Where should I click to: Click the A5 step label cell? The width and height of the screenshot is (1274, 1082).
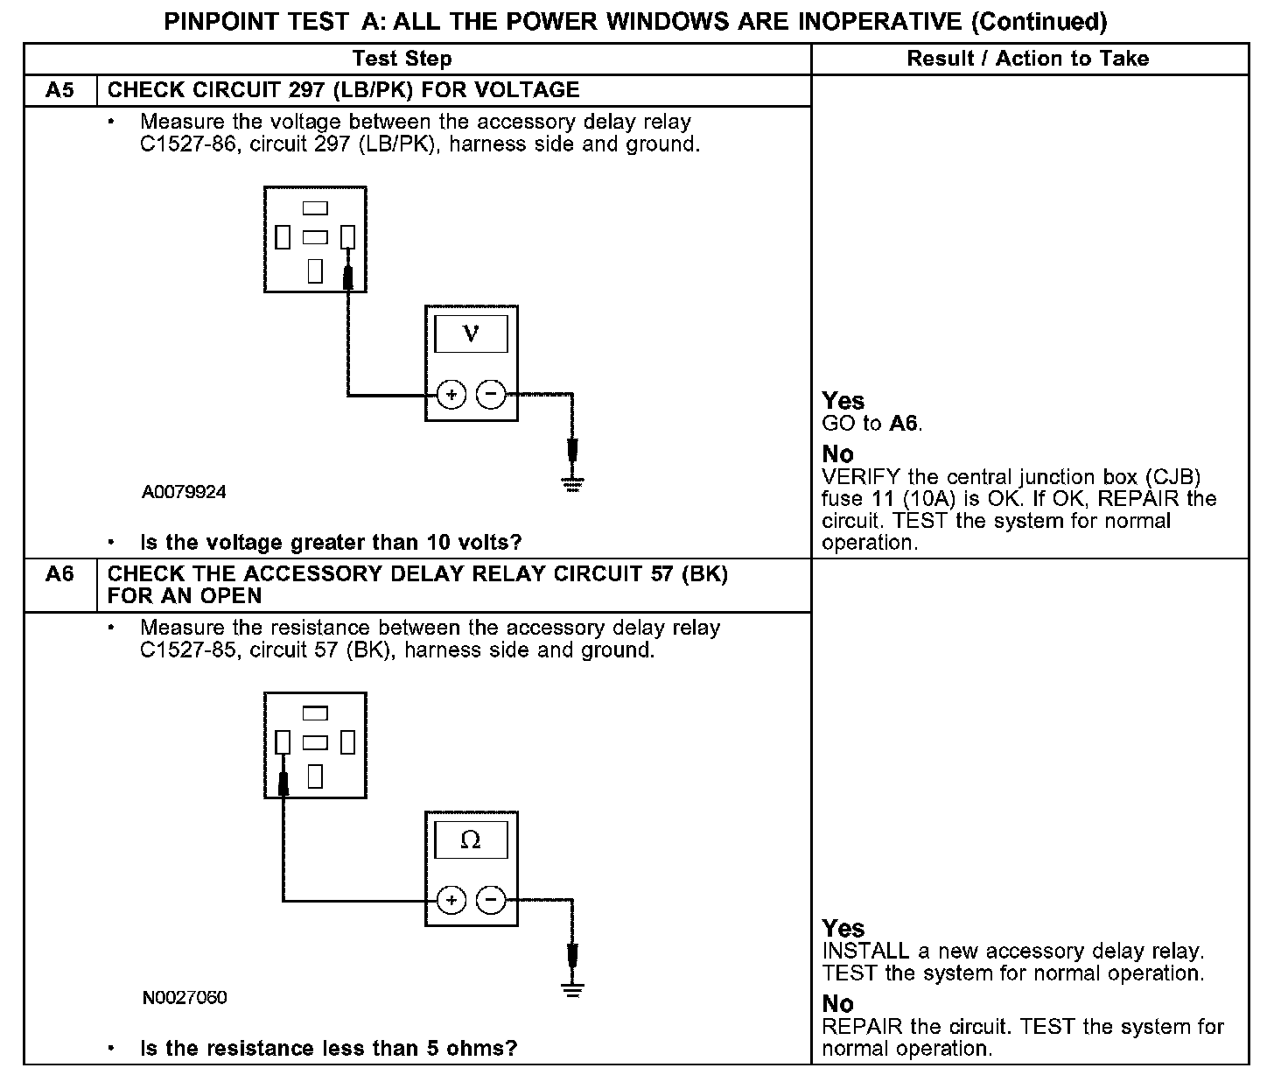tap(59, 90)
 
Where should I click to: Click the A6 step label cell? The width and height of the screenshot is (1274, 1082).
tap(59, 574)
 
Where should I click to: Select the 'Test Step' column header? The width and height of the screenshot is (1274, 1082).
tap(402, 59)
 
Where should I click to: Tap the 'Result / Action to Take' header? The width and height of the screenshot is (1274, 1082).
tap(1028, 59)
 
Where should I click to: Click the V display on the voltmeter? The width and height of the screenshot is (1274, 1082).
tap(471, 334)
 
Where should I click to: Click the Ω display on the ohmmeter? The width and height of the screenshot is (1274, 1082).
tap(471, 840)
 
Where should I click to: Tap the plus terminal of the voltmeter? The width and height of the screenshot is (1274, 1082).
tap(451, 395)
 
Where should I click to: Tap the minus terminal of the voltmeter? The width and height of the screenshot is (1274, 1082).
tap(491, 395)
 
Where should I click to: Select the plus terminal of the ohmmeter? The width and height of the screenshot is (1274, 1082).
tap(451, 900)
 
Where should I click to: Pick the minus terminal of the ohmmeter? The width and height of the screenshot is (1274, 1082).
tap(491, 900)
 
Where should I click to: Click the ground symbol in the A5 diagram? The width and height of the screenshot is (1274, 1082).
tap(572, 484)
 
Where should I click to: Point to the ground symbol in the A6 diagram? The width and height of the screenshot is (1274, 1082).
tap(572, 990)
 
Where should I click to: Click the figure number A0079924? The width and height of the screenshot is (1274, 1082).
tap(184, 492)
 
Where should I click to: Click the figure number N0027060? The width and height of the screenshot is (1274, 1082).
tap(184, 998)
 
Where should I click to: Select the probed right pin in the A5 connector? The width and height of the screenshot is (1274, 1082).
tap(347, 236)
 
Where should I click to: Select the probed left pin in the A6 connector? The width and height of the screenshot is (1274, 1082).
tap(283, 742)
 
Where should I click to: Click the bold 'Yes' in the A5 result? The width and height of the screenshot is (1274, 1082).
tap(843, 401)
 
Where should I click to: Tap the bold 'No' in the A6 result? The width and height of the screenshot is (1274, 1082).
tap(837, 1004)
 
